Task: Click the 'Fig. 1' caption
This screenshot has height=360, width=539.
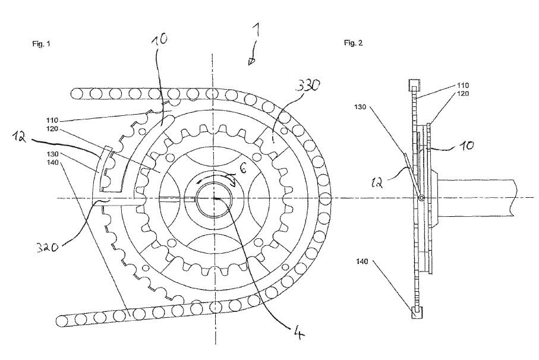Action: (x=40, y=45)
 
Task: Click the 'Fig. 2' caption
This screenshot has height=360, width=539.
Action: (x=353, y=45)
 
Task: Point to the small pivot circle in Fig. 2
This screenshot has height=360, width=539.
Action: (x=421, y=198)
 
